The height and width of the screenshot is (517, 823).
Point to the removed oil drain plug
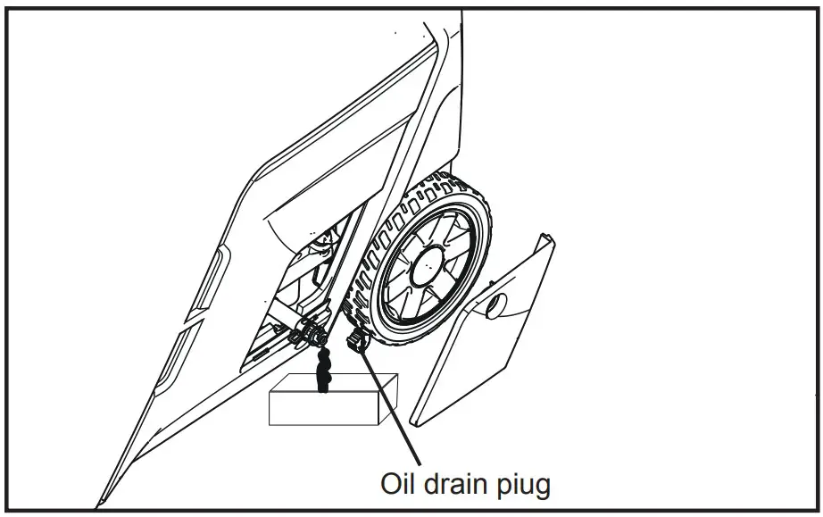point(357,341)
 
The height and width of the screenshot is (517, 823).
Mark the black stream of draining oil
point(323,368)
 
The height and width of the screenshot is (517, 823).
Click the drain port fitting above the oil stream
point(314,336)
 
